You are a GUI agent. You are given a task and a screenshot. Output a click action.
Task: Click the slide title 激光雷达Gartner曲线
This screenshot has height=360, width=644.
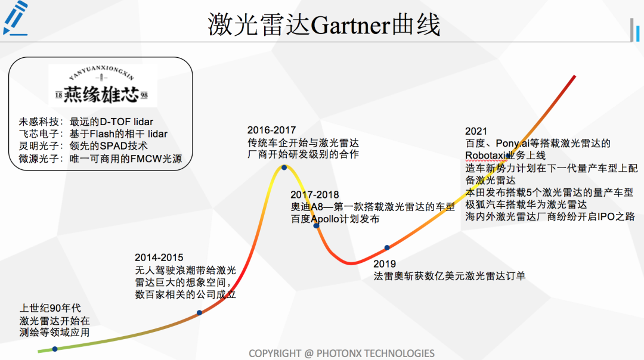pyautogui.click(x=324, y=24)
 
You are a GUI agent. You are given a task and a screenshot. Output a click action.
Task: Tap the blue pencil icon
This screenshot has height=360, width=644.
pyautogui.click(x=16, y=18)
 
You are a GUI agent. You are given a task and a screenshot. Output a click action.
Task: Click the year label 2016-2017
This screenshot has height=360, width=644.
pyautogui.click(x=271, y=130)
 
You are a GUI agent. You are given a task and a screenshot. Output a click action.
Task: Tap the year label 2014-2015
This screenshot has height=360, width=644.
pyautogui.click(x=159, y=257)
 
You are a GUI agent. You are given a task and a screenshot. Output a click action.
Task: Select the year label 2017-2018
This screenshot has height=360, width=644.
pyautogui.click(x=315, y=194)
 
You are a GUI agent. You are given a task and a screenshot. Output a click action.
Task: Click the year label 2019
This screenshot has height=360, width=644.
pyautogui.click(x=385, y=263)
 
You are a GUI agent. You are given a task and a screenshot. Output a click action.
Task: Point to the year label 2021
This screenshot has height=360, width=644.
pyautogui.click(x=476, y=131)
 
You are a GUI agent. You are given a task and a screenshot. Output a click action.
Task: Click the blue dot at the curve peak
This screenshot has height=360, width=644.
pyautogui.click(x=284, y=167)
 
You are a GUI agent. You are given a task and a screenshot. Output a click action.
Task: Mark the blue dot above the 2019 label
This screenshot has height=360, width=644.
pyautogui.click(x=387, y=247)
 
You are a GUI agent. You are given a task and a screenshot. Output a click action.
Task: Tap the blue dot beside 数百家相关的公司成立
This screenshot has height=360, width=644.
pyautogui.click(x=199, y=313)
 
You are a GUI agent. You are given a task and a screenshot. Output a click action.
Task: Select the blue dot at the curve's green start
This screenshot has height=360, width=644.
pyautogui.click(x=55, y=349)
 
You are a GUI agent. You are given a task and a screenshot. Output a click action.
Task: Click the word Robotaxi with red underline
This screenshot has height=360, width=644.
pyautogui.click(x=485, y=156)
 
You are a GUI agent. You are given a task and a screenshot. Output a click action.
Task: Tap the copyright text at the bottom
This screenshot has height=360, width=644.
pyautogui.click(x=342, y=353)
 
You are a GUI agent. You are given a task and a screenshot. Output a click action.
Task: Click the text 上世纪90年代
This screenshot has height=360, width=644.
pyautogui.click(x=50, y=308)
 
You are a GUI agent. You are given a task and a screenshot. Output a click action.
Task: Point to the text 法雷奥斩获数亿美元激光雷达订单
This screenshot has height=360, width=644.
pyautogui.click(x=450, y=276)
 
